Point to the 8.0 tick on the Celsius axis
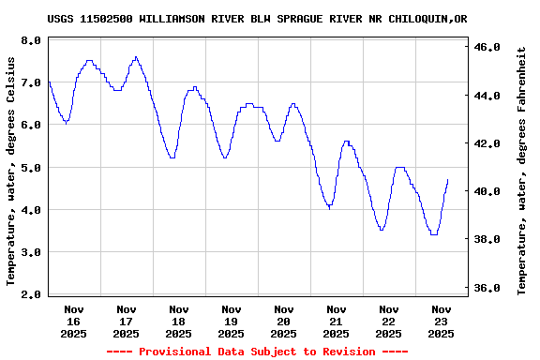click(x=31, y=40)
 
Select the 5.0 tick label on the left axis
click(x=31, y=168)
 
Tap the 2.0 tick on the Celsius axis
click(x=31, y=295)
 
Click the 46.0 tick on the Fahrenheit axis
click(x=491, y=47)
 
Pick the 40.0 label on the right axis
click(x=491, y=191)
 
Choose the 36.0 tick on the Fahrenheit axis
click(x=491, y=288)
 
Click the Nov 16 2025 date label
click(x=74, y=321)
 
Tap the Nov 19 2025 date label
click(x=231, y=321)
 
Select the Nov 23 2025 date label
click(x=441, y=321)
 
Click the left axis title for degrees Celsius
click(x=11, y=170)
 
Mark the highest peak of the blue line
click(x=136, y=57)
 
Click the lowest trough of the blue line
click(x=433, y=234)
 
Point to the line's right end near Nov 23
click(x=448, y=180)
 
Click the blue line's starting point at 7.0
click(x=49, y=82)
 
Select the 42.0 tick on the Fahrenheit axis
click(x=491, y=143)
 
